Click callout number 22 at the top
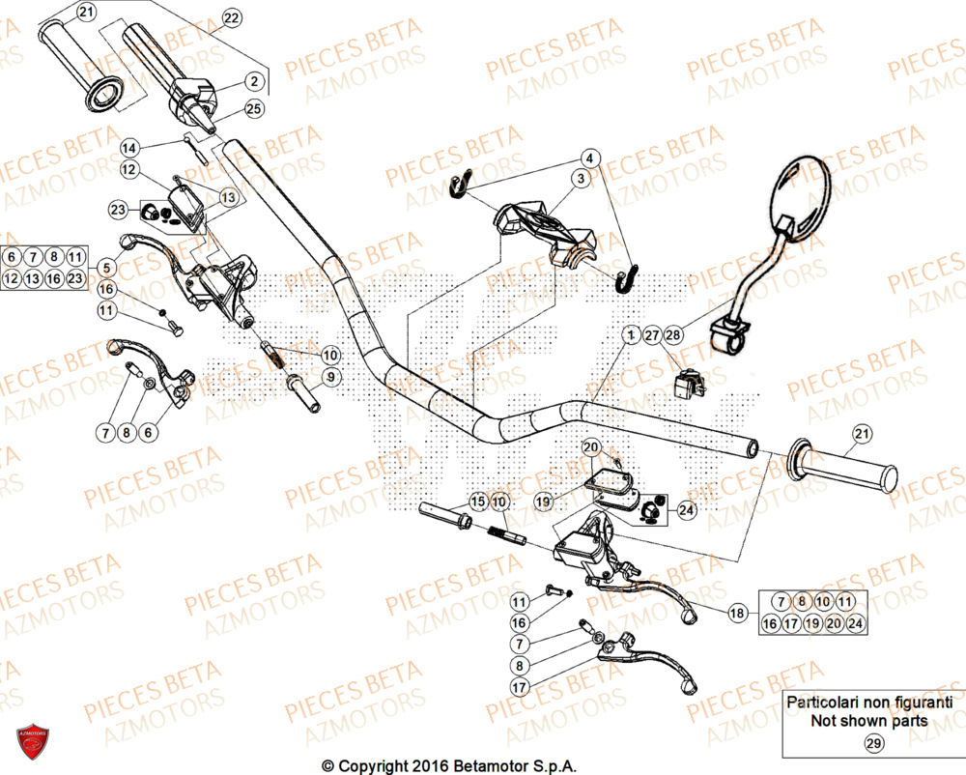coord(230,18)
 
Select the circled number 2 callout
coord(253,82)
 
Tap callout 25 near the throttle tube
coord(253,109)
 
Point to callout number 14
coord(129,148)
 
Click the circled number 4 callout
coord(590,158)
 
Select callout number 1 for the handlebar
coord(630,335)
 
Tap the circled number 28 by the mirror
coord(672,335)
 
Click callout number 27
coord(651,335)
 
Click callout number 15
coord(477,502)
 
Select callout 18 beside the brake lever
coord(737,613)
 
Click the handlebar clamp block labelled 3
coord(547,230)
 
